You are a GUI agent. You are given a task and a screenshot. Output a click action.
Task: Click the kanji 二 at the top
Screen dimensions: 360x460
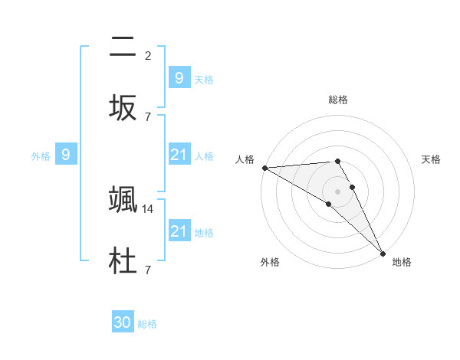pyautogui.click(x=123, y=47)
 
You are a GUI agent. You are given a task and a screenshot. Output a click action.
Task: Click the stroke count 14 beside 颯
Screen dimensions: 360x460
pyautogui.click(x=149, y=208)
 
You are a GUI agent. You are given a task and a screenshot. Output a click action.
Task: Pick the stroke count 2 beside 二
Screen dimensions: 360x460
pyautogui.click(x=148, y=56)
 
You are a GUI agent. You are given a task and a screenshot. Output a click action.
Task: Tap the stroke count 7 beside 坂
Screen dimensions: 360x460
pyautogui.click(x=148, y=116)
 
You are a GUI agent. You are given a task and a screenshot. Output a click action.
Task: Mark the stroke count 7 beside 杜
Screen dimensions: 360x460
pyautogui.click(x=148, y=270)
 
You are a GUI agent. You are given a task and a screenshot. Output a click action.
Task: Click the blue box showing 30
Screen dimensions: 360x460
pyautogui.click(x=123, y=323)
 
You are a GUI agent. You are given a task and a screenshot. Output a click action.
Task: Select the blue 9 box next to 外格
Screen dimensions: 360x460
pyautogui.click(x=66, y=155)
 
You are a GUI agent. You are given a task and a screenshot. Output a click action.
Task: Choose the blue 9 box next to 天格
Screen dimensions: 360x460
pyautogui.click(x=179, y=78)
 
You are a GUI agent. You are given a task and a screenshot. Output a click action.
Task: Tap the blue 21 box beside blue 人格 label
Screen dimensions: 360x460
pyautogui.click(x=179, y=155)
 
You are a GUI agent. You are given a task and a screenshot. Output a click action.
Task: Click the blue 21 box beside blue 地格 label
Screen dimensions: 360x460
pyautogui.click(x=179, y=231)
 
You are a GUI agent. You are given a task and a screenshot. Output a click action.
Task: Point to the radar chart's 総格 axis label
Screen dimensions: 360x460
pyautogui.click(x=338, y=100)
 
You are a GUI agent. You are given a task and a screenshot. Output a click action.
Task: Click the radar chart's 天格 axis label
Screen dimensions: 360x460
pyautogui.click(x=431, y=159)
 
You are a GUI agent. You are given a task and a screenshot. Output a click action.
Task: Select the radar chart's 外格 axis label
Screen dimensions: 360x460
pyautogui.click(x=270, y=262)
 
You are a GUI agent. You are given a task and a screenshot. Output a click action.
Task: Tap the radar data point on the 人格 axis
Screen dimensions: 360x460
pyautogui.click(x=264, y=168)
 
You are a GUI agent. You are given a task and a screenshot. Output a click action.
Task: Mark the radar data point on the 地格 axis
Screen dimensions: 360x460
pyautogui.click(x=382, y=253)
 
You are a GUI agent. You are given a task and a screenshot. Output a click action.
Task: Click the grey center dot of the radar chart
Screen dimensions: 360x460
pyautogui.click(x=337, y=191)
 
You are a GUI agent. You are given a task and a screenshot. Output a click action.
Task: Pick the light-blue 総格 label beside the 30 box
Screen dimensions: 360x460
pyautogui.click(x=147, y=324)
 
